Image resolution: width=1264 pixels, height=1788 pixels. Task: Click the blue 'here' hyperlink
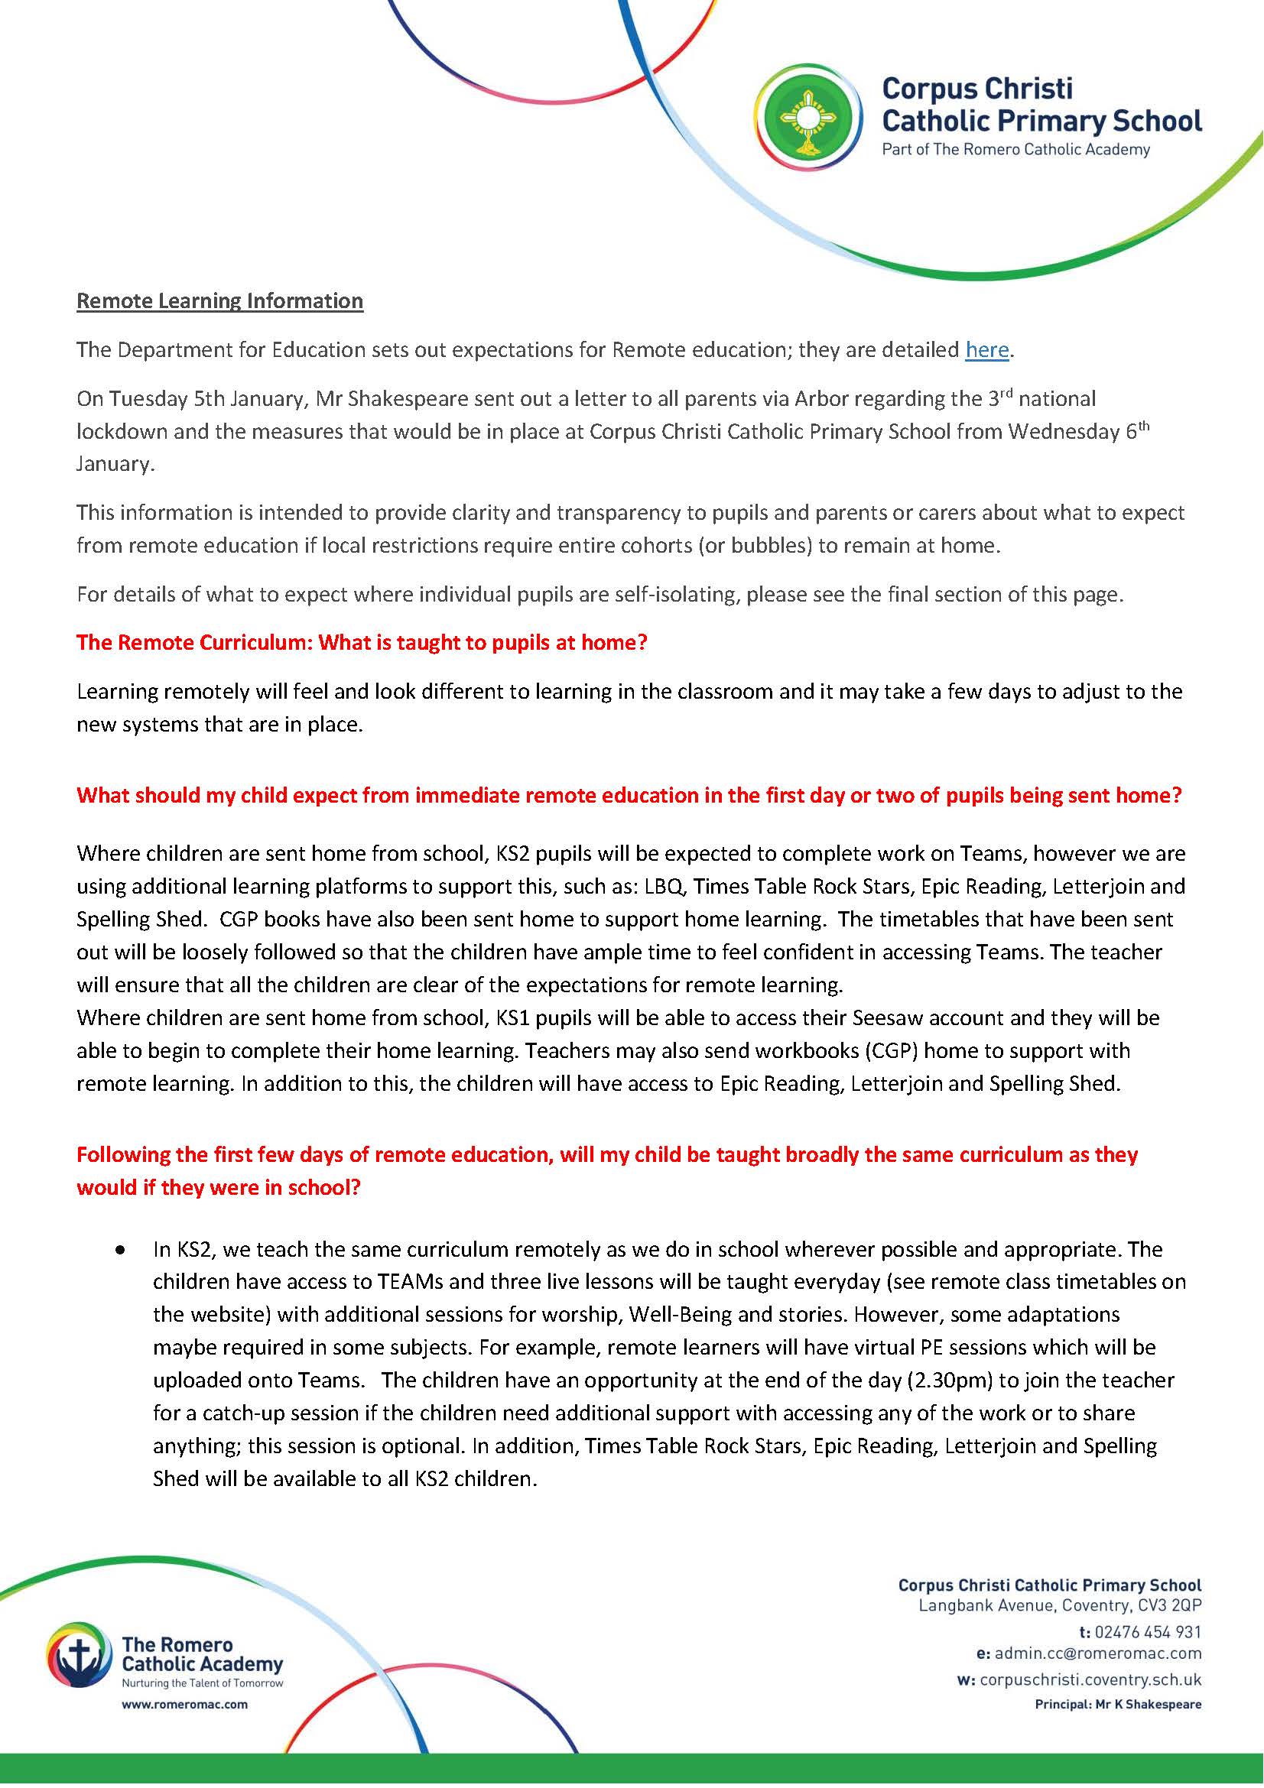(x=986, y=350)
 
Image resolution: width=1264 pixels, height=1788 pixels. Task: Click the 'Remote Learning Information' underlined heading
(x=219, y=301)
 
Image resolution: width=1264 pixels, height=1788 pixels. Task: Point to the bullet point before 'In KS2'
(x=119, y=1251)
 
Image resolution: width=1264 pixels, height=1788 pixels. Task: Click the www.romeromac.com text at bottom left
(x=184, y=1705)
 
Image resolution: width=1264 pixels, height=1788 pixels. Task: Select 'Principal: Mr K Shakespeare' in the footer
(x=1118, y=1705)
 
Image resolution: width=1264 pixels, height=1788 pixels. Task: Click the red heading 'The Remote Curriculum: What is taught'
(x=362, y=643)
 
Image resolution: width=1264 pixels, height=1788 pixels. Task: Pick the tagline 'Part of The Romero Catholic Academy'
(x=1015, y=150)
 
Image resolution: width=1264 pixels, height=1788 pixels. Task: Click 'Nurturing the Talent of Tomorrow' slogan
(x=202, y=1683)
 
